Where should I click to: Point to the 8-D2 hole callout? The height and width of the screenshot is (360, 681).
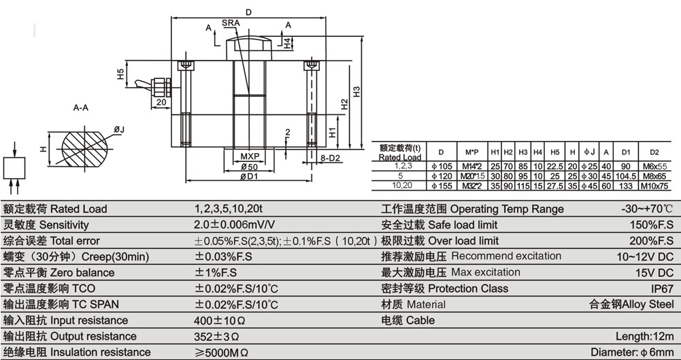coord(330,159)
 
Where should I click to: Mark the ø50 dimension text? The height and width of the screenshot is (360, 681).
coord(248,167)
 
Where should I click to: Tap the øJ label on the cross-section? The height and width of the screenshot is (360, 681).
coord(118,129)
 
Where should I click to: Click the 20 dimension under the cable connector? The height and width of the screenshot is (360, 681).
coord(161,103)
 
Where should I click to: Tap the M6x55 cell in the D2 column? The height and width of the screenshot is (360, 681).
coord(655,166)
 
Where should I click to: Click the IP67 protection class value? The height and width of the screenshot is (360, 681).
coord(661,289)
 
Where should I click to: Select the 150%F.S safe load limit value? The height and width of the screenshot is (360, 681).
coord(652,225)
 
